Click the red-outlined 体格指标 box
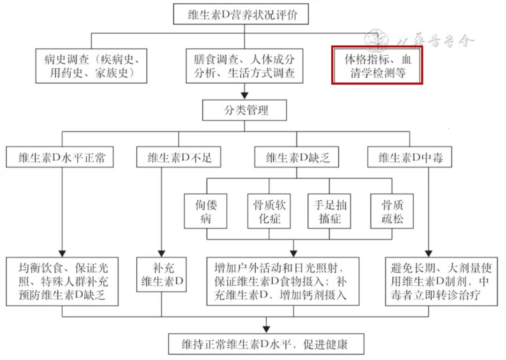pos(377,65)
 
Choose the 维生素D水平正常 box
pos(62,157)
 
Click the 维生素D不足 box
pos(179,157)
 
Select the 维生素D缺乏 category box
pos(295,157)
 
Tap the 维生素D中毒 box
pos(409,157)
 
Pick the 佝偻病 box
pos(207,211)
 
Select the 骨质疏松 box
pos(392,211)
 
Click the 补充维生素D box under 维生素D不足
pos(162,274)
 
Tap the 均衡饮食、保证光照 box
pos(62,281)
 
